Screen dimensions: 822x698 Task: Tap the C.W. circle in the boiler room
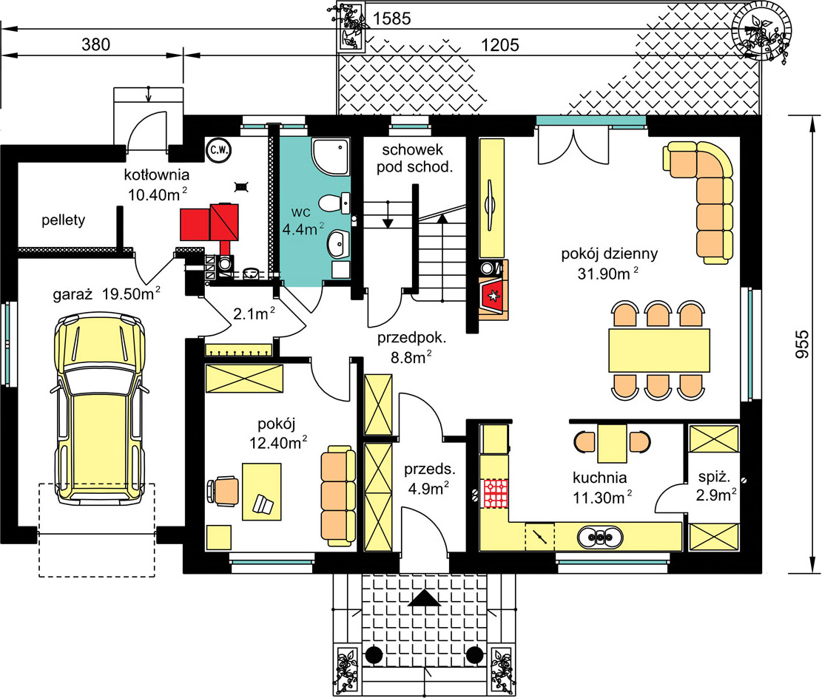coord(218,150)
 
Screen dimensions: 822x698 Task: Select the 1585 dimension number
coord(391,19)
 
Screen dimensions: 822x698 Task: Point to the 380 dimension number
coord(96,44)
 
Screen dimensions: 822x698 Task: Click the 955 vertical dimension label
coord(802,344)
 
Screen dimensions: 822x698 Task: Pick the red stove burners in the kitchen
coord(496,493)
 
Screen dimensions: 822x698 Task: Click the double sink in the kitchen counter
coord(600,537)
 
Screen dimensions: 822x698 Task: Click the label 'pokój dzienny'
coord(609,254)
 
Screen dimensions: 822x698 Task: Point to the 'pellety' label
coord(64,220)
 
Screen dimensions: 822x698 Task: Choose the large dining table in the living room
coord(659,350)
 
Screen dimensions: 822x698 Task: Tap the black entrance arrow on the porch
coord(425,598)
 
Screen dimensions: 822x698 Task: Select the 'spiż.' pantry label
coord(714,477)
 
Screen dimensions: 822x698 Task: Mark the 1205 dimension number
coord(500,45)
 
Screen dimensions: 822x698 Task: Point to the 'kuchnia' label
coord(600,478)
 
